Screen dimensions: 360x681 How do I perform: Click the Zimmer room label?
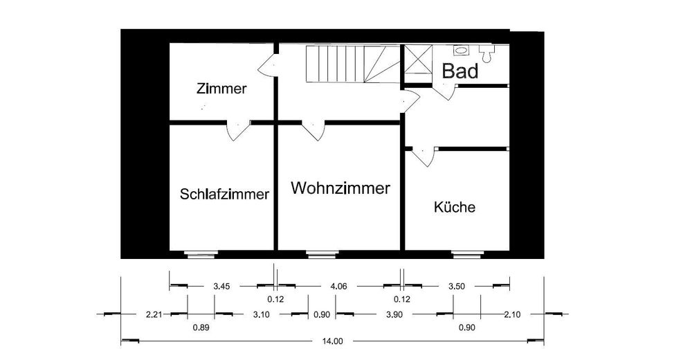[x=221, y=89]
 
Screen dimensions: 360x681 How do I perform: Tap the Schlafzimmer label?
[x=224, y=195]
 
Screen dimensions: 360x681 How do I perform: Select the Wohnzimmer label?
[x=340, y=188]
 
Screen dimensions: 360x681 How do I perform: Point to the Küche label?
[x=455, y=207]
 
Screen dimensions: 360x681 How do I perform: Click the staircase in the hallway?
[x=353, y=64]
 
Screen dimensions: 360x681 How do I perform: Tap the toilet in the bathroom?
[x=487, y=51]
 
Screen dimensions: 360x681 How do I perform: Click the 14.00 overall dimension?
[x=332, y=341]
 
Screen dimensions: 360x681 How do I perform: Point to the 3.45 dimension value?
[x=221, y=285]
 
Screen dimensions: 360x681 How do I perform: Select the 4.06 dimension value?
[x=338, y=285]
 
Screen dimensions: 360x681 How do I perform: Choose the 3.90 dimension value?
[x=394, y=314]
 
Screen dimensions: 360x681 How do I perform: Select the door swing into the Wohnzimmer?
[x=312, y=129]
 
